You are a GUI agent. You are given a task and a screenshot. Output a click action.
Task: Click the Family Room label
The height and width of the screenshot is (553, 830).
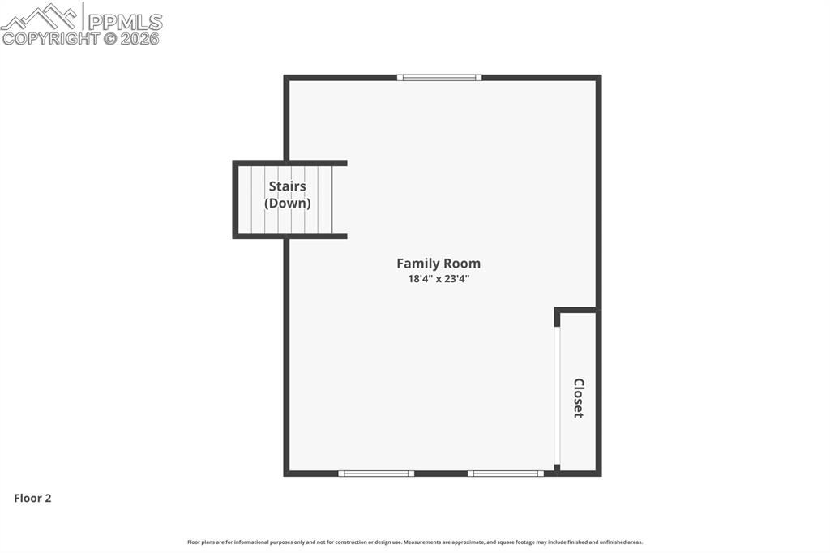pos(438,264)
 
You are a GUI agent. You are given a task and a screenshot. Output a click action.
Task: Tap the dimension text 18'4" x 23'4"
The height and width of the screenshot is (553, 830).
pos(438,279)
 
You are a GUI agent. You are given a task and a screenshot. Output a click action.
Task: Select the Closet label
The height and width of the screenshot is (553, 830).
pos(578,397)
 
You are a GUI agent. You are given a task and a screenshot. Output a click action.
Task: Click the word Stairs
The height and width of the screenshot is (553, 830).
pos(287,186)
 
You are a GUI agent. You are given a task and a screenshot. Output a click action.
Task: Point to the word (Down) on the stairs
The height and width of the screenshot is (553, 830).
pos(287,204)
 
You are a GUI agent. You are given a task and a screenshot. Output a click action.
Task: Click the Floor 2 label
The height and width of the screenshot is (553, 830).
pos(32,499)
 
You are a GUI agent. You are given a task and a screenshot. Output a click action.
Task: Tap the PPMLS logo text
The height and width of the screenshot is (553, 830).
pos(125,22)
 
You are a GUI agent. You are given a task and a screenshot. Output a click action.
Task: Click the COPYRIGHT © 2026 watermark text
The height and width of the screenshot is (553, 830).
pos(81,38)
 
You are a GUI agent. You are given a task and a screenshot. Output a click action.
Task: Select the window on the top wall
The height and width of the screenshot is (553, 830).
pos(439,78)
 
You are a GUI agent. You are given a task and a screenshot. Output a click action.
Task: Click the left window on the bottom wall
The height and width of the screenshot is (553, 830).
pos(376,473)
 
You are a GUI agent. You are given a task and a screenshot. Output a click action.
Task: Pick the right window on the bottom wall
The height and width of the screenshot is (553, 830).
pos(506,473)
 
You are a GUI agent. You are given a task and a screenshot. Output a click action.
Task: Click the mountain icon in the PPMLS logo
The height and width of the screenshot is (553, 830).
pos(41,16)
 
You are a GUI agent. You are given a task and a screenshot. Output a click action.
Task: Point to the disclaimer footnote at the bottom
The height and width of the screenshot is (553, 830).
pos(415,542)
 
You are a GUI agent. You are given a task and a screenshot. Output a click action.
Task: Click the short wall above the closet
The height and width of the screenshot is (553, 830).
pos(576,309)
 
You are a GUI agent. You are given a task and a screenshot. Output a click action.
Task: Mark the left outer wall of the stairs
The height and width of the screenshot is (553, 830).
pos(235,199)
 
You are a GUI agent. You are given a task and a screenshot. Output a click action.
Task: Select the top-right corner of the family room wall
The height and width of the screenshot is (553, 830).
pos(598,78)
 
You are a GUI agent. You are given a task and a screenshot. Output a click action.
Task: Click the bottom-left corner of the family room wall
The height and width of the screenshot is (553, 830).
pos(287,473)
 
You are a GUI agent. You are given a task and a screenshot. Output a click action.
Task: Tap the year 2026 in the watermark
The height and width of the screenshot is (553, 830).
pos(140,38)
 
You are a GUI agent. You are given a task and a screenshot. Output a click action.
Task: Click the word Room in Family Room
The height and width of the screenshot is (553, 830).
pos(462,264)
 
